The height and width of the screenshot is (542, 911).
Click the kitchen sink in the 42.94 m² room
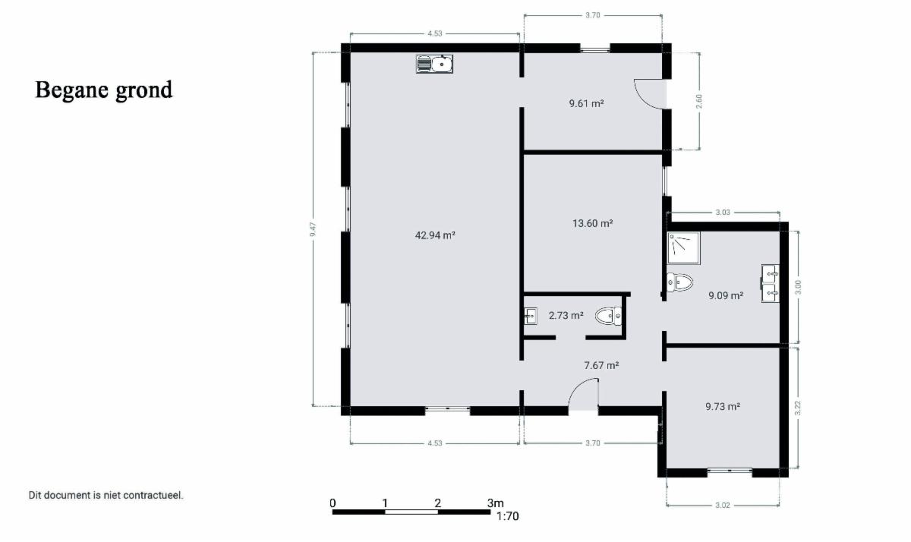434,64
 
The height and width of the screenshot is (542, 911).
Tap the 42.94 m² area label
435,235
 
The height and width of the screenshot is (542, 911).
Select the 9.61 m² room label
586,103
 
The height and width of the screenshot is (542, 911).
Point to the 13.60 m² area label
593,223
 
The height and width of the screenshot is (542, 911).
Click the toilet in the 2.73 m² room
609,316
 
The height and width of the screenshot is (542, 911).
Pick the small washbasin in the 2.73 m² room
531,316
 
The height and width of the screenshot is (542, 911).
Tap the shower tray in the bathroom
684,248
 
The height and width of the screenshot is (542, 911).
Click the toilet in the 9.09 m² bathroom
679,282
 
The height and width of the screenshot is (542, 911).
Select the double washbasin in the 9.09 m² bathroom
771,283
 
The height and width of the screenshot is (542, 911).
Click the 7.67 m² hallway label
601,366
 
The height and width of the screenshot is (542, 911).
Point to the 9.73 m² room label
723,406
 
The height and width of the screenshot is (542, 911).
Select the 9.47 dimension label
313,229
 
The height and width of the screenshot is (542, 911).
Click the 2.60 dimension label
699,101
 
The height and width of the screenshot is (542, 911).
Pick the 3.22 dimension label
798,408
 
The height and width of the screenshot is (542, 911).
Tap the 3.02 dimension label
723,505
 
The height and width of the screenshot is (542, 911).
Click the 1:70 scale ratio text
508,516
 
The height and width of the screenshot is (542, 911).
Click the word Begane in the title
71,90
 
